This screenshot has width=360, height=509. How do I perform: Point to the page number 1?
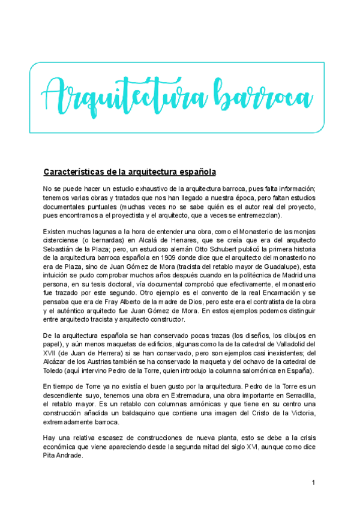tap(313, 484)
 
